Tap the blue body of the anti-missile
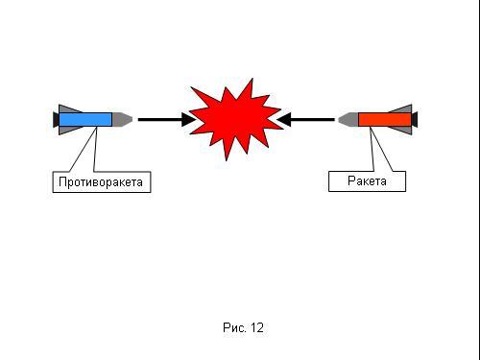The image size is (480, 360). [x=85, y=119]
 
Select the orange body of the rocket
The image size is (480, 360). [x=385, y=119]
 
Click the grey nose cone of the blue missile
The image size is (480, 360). [x=122, y=119]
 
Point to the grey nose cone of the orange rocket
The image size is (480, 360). [x=348, y=119]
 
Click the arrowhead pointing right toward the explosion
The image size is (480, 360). [x=188, y=120]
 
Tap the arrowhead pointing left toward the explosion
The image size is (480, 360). [x=283, y=119]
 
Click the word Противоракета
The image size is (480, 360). [x=101, y=182]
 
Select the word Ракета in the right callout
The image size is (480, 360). [x=367, y=181]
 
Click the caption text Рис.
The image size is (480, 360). [x=234, y=327]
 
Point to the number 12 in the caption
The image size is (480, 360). [x=257, y=327]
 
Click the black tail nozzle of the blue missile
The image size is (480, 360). [x=56, y=119]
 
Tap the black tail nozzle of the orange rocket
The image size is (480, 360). [x=415, y=119]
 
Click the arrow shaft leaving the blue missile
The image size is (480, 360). [x=160, y=120]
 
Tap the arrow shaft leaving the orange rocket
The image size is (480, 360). [x=312, y=120]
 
